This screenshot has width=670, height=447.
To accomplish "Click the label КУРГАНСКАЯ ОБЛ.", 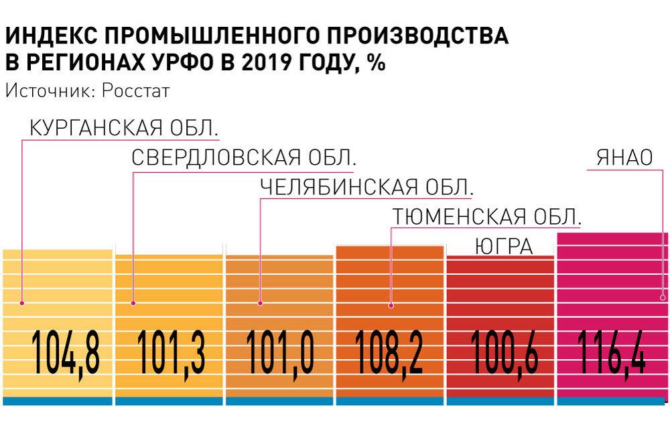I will pyautogui.click(x=125, y=127).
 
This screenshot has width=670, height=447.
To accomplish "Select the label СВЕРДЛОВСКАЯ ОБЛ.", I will pyautogui.click(x=243, y=158).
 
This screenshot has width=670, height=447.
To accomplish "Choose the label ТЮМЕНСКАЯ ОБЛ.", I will pyautogui.click(x=486, y=217).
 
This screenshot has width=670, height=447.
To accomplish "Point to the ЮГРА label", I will pyautogui.click(x=503, y=247).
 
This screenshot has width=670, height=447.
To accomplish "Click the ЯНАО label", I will pyautogui.click(x=624, y=158).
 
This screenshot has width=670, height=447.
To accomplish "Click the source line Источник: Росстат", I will pyautogui.click(x=87, y=90).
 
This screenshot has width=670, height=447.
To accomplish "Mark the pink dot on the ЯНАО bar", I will pyautogui.click(x=663, y=297).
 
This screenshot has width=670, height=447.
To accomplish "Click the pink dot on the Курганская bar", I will pyautogui.click(x=22, y=302).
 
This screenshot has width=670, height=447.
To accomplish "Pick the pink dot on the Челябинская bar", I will pyautogui.click(x=260, y=304).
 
